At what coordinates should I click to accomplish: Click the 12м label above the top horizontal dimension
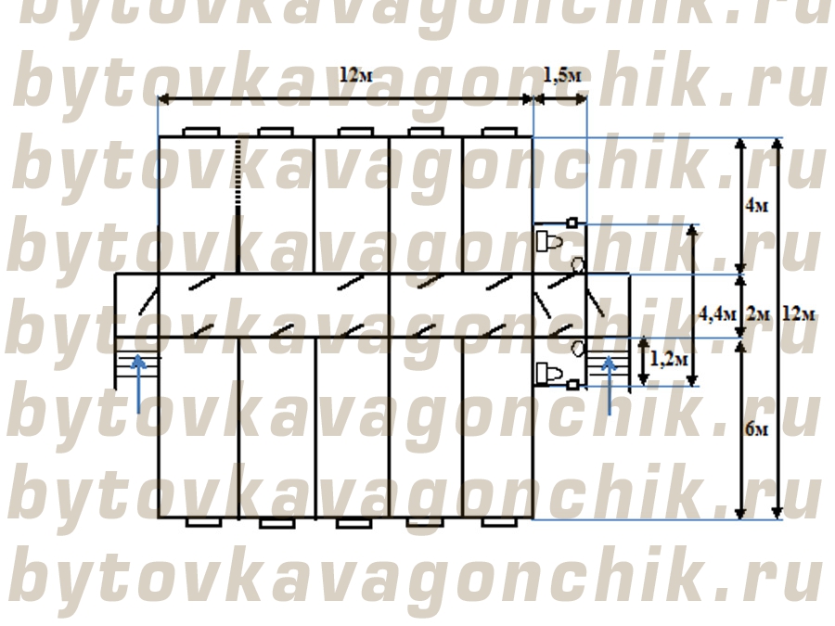coord(355,75)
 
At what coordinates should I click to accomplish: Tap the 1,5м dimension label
coord(562,75)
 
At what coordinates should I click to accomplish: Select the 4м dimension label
coord(757,206)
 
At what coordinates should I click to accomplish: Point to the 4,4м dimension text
coord(717,313)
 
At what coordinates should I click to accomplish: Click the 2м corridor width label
coord(758,314)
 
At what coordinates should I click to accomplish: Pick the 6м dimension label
coord(757,429)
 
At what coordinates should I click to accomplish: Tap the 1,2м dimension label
coord(669,359)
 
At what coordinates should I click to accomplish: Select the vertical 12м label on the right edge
coord(799,314)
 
